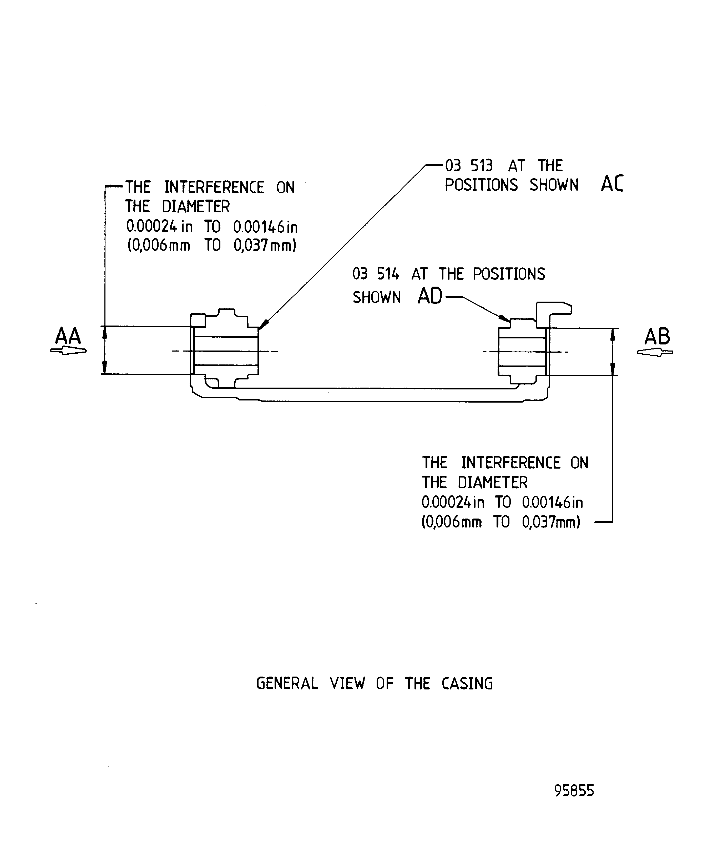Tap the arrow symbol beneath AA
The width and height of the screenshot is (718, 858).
[x=68, y=351]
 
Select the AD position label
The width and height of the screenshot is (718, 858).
[x=430, y=296]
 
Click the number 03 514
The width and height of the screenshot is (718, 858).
[x=376, y=274]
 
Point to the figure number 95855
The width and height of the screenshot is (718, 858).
[x=574, y=791]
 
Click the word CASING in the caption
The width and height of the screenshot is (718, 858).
[x=467, y=684]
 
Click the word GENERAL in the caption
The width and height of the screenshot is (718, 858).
[x=286, y=684]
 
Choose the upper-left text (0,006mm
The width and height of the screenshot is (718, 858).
[x=159, y=246]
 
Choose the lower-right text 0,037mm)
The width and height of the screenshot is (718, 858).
[x=551, y=522]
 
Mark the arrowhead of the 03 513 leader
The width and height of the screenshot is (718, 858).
[x=263, y=324]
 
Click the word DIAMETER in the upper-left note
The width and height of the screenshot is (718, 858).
[x=196, y=207]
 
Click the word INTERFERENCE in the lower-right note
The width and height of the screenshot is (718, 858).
[x=510, y=463]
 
